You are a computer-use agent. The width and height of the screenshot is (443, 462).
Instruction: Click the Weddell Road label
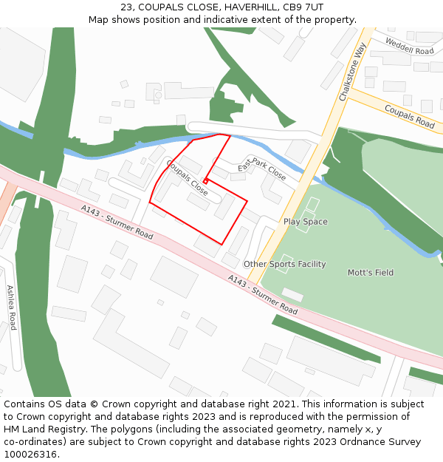[x=410, y=47]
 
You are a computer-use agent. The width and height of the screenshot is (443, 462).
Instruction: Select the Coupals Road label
[x=409, y=116]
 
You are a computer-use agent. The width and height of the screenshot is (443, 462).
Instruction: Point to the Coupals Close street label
[x=187, y=177]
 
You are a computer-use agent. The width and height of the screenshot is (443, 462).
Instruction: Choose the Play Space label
[x=305, y=222]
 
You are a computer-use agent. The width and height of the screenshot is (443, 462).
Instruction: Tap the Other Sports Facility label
[x=284, y=264]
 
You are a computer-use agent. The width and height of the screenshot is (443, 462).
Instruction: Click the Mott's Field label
[x=370, y=273]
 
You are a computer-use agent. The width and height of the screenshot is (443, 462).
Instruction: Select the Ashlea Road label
[x=11, y=307]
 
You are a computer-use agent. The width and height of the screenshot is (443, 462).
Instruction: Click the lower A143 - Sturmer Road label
[x=262, y=294]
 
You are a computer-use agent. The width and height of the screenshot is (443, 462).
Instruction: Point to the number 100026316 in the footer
[x=30, y=455]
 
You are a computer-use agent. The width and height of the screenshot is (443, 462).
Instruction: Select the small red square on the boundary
[x=205, y=181]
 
